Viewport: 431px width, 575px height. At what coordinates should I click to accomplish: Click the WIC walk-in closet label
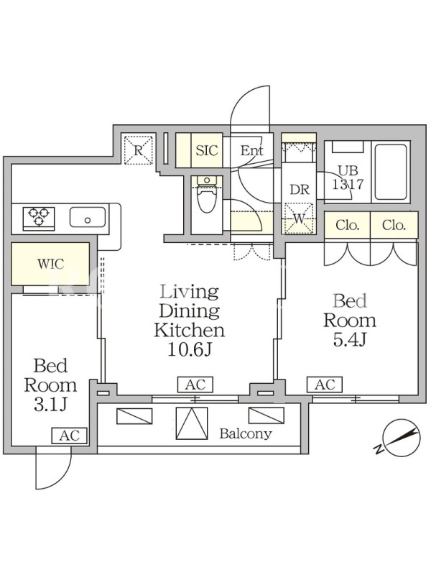50,264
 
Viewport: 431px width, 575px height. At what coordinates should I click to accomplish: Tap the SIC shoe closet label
207,150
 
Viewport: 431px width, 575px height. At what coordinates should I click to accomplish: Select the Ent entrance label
252,150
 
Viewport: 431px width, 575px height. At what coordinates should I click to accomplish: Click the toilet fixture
207,194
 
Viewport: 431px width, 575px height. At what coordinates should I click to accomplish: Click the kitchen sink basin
88,218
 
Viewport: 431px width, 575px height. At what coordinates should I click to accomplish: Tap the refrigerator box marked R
138,149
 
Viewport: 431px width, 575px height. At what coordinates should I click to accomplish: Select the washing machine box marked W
299,218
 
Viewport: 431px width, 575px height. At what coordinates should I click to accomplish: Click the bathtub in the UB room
390,172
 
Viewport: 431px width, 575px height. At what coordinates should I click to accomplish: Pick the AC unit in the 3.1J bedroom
69,436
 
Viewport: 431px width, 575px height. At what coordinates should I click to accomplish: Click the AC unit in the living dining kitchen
195,385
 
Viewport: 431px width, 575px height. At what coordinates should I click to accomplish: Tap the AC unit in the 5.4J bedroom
325,385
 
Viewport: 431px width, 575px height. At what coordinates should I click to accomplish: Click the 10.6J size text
190,349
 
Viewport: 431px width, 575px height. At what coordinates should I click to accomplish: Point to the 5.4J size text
350,340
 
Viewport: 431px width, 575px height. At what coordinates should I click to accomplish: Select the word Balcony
246,434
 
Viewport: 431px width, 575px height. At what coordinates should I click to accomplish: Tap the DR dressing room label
300,190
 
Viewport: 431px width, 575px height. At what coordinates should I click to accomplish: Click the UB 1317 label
348,178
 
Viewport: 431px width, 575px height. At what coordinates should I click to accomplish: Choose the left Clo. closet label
348,225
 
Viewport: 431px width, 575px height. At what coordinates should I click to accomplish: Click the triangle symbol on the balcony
192,423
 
